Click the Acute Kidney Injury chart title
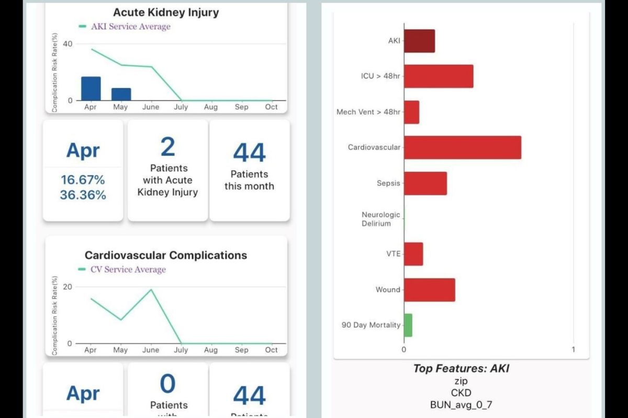166,13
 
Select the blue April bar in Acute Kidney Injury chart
91,88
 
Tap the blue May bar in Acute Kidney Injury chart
121,94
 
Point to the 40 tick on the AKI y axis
68,44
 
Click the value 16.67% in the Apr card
83,180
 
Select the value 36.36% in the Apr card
83,195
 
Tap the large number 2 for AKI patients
167,147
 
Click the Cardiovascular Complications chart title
166,256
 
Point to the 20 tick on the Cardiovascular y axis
68,287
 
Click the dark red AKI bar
419,41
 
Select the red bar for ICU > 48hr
439,76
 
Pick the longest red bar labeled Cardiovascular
462,147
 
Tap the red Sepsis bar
425,183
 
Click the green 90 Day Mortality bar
408,325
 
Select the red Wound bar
429,290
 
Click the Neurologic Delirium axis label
380,219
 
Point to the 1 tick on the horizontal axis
573,350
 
